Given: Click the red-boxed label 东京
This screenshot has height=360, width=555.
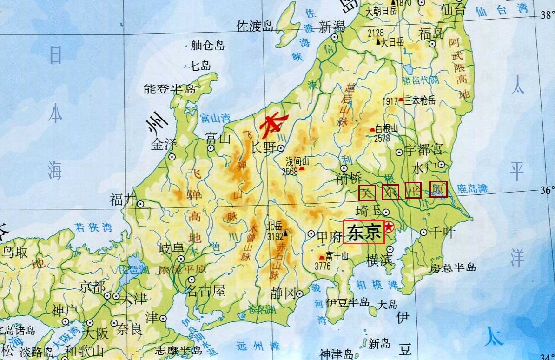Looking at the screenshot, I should point(364,232).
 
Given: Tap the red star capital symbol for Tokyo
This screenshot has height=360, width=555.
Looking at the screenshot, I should point(389,227).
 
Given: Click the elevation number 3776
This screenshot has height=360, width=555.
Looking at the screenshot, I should point(323,266).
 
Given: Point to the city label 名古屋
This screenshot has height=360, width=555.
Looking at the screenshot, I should point(205,292).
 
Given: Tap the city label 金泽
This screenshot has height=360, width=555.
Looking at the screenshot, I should point(164,145).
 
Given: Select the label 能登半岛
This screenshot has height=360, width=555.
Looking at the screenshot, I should point(170,89).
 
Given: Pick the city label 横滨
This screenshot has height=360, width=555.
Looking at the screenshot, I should point(379,261).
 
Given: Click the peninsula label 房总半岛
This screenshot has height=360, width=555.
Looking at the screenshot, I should point(453,267).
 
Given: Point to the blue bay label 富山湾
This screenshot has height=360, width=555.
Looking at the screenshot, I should point(215,118).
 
